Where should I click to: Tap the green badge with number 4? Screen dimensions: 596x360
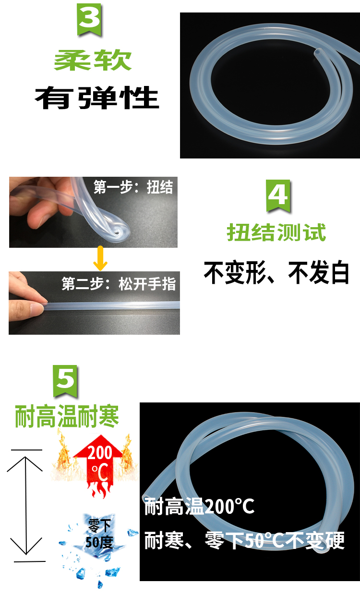(278, 195)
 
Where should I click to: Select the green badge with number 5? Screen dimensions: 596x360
(66, 381)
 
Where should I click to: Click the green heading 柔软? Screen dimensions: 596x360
(93, 61)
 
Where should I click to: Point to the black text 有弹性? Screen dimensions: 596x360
(96, 97)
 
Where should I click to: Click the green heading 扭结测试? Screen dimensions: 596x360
(276, 232)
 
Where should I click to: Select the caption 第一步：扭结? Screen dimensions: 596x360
(133, 187)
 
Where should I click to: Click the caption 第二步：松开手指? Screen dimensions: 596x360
(119, 284)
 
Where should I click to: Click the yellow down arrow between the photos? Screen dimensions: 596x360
(100, 258)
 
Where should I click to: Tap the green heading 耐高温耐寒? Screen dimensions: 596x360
(67, 416)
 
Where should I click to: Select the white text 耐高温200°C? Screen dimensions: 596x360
(199, 507)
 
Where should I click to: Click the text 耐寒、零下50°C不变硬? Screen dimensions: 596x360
(244, 540)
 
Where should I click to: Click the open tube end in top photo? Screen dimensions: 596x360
(318, 52)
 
